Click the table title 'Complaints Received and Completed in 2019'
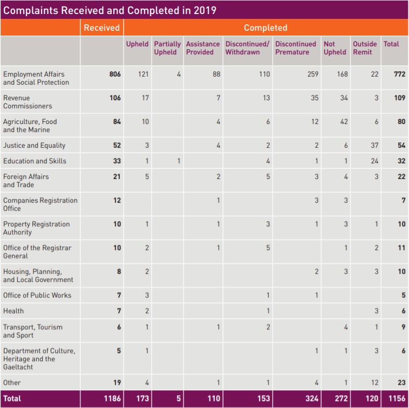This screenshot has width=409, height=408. tap(110, 10)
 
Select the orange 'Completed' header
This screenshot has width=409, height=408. tap(265, 27)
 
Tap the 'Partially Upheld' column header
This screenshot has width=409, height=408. tap(167, 48)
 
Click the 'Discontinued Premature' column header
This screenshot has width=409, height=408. tap(296, 48)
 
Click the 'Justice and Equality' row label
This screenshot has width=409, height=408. tap(35, 146)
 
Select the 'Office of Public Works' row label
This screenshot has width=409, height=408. tap(37, 295)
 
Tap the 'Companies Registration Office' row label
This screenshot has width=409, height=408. tap(40, 204)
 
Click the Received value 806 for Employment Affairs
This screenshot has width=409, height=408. tap(115, 74)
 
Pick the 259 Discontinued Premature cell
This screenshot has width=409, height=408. tap(312, 74)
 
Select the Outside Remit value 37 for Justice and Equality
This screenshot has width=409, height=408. tap(374, 146)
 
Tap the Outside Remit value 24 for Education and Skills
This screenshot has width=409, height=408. tap(374, 161)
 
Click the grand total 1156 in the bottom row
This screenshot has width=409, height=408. tap(397, 399)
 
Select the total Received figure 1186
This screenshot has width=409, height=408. tap(112, 399)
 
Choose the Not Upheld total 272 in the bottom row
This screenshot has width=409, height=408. tap(342, 399)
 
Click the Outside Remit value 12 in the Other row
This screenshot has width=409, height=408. tap(374, 383)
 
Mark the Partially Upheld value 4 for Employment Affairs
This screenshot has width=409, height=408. tap(179, 74)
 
